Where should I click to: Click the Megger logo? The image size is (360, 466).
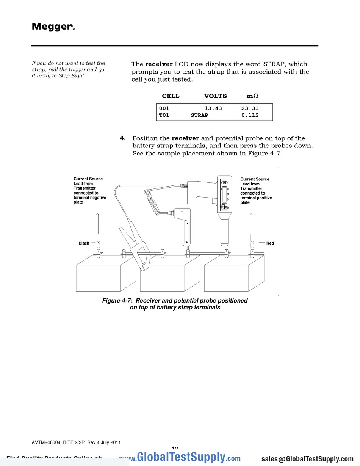53,27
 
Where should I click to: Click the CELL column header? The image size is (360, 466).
171,96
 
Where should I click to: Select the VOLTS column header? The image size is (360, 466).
215,96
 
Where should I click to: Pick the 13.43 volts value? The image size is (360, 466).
213,108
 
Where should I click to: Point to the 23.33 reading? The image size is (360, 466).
250,108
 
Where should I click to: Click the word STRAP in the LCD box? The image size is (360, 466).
199,115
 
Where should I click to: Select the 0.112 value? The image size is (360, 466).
250,115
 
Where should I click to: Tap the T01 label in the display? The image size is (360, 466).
164,115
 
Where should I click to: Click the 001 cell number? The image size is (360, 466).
164,108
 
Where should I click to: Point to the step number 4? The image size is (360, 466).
122,138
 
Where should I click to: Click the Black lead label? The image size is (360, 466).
84,243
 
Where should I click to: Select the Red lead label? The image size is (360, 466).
270,243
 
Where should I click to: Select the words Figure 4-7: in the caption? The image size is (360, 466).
117,301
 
